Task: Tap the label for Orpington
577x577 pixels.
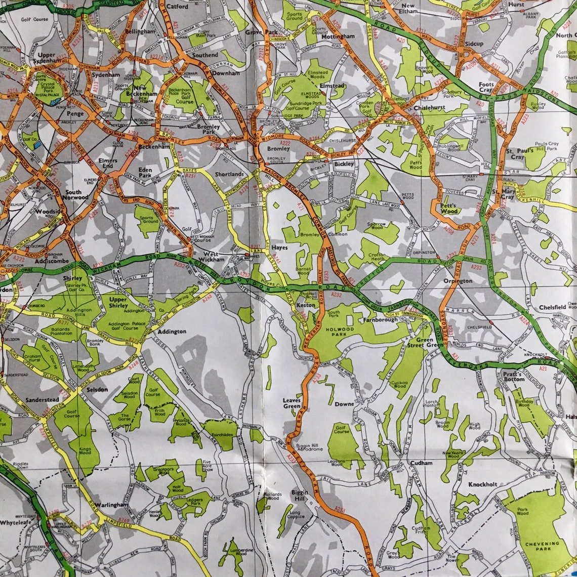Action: coord(458,281)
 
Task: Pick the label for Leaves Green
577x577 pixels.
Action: coord(292,403)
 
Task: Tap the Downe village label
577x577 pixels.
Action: coord(344,404)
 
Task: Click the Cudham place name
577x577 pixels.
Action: coord(421,463)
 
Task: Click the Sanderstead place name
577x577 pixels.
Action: coord(42,399)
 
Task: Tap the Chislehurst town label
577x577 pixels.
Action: coord(429,107)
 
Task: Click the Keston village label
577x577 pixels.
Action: coord(306,305)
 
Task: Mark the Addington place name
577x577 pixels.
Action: coord(172,332)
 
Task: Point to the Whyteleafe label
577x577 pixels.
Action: coord(17,522)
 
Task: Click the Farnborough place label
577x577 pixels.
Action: coord(380,320)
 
